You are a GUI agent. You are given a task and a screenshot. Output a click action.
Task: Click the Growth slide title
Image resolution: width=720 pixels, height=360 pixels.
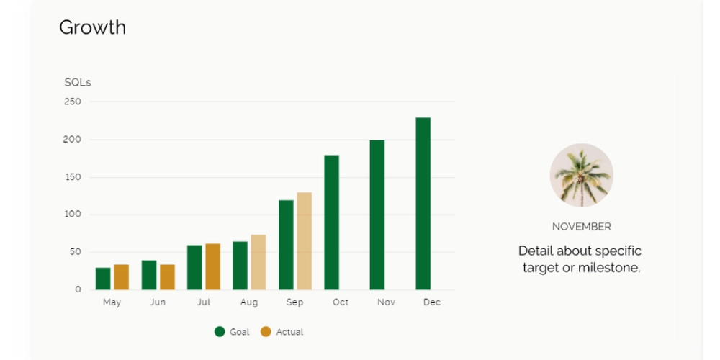click(92, 27)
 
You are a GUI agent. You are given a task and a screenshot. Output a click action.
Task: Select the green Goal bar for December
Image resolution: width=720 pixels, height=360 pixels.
click(423, 203)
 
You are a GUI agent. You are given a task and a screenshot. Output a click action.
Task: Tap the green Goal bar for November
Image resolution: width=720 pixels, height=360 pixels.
click(377, 215)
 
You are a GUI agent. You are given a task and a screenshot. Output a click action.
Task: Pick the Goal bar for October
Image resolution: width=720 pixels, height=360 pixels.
click(331, 222)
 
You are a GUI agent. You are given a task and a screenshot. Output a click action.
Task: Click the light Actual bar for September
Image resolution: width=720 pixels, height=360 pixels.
click(304, 240)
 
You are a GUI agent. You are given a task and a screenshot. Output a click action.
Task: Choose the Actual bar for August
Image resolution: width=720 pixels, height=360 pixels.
click(258, 262)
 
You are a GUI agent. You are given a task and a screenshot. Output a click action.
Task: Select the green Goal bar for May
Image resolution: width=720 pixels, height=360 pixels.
click(103, 278)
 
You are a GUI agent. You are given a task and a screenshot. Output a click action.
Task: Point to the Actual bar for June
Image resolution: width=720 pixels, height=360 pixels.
click(167, 276)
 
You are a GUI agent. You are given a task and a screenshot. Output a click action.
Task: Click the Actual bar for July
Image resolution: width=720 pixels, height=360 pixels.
click(212, 266)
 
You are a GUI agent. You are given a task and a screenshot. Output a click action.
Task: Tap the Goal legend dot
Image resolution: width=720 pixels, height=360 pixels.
click(220, 332)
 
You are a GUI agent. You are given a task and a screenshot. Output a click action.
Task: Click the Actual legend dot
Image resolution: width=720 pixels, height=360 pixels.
click(266, 332)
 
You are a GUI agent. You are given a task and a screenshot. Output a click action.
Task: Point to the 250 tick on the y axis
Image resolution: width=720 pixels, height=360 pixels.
click(73, 102)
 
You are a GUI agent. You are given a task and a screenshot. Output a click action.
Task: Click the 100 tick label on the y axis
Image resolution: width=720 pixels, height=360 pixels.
click(73, 215)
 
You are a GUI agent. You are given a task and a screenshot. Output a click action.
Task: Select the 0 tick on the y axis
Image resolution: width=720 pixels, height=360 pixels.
click(78, 289)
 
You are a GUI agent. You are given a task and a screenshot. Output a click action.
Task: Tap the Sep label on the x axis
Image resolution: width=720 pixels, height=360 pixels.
click(294, 302)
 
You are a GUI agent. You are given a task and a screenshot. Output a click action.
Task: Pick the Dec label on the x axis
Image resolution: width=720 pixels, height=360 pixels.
click(432, 302)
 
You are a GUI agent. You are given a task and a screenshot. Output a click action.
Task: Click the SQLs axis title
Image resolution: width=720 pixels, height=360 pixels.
click(78, 83)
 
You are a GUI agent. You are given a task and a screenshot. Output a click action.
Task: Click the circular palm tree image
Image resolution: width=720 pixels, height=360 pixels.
click(581, 175)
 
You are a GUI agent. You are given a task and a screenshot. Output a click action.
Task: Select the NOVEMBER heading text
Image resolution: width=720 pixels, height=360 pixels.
click(581, 227)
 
